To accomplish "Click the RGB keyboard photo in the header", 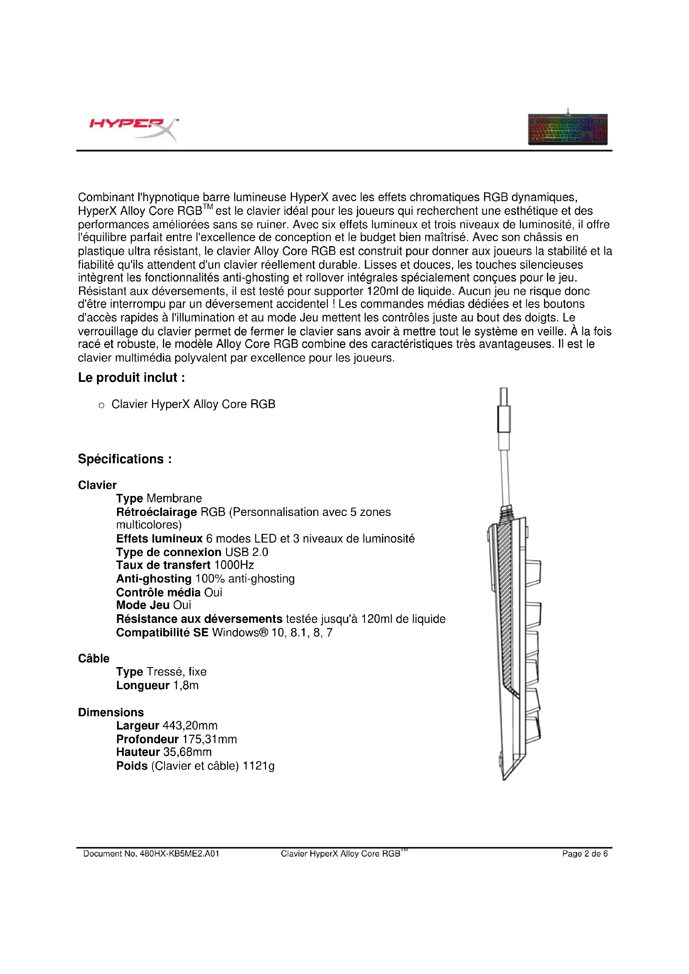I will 568,128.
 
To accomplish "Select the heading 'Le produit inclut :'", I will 132,377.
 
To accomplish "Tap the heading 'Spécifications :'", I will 125,459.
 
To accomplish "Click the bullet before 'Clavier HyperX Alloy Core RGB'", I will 101,406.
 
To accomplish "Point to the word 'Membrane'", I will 174,498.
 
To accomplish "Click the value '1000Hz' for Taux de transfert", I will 234,565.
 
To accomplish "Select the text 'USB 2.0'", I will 247,552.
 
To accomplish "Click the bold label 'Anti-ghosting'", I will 154,579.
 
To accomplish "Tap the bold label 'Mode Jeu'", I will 142,605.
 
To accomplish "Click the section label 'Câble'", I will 94,658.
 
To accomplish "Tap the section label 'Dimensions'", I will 111,712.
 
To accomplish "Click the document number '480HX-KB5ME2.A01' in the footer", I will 180,854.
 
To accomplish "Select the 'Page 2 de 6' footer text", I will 584,854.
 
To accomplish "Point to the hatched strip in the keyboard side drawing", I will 506,603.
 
